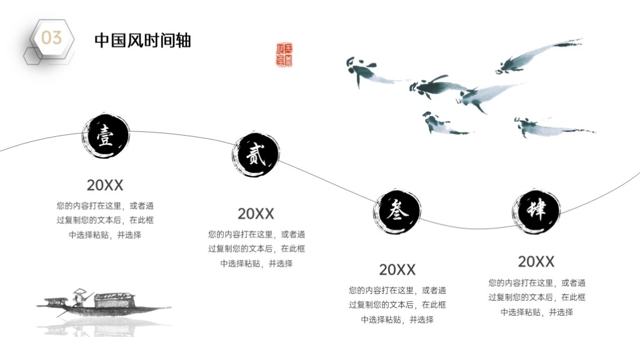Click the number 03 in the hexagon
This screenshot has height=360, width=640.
click(51, 38)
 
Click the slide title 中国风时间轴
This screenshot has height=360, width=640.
click(143, 41)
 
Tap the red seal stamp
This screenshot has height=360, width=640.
click(284, 55)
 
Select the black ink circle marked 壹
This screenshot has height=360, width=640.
click(105, 136)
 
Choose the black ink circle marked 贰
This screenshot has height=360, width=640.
click(256, 155)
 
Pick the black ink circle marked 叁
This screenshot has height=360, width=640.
click(397, 211)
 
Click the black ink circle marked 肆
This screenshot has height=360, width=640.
click(536, 211)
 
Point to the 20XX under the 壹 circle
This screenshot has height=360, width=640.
click(105, 185)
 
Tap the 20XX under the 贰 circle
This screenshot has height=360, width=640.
click(256, 214)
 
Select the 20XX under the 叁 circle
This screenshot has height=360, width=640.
click(397, 270)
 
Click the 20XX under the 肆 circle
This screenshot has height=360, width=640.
click(536, 262)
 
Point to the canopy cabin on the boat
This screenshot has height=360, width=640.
click(115, 300)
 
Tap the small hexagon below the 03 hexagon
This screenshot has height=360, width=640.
click(32, 56)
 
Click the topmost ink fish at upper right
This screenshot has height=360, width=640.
click(539, 55)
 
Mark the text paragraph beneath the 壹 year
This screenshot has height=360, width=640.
click(105, 221)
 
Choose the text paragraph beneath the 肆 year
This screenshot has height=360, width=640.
click(537, 297)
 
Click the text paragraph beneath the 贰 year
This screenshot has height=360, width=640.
click(256, 249)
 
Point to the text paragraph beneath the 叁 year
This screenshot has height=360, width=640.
click(397, 305)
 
